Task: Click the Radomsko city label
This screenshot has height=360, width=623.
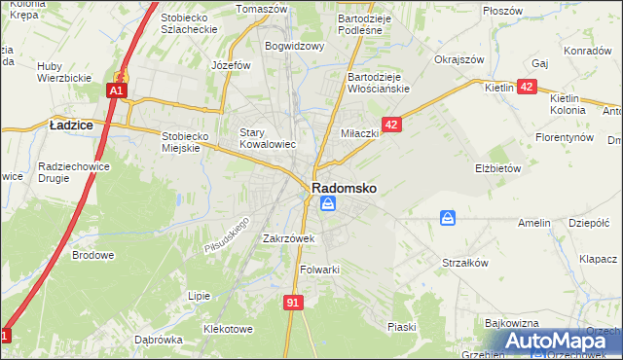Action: [x=345, y=186]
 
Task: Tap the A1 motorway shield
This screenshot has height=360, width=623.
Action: [x=116, y=90]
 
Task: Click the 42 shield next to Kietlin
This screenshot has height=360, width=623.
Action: [x=527, y=87]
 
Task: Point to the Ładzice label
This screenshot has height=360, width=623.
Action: [x=70, y=125]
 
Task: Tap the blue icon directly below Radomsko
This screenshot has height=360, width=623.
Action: [x=328, y=203]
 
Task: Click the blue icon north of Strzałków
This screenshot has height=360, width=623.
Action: [x=447, y=218]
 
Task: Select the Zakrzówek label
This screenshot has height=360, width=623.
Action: [x=287, y=237]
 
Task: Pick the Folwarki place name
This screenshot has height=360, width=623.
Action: [x=319, y=270]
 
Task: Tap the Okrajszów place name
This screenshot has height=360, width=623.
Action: [x=459, y=59]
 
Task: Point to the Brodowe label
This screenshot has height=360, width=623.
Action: [x=93, y=256]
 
